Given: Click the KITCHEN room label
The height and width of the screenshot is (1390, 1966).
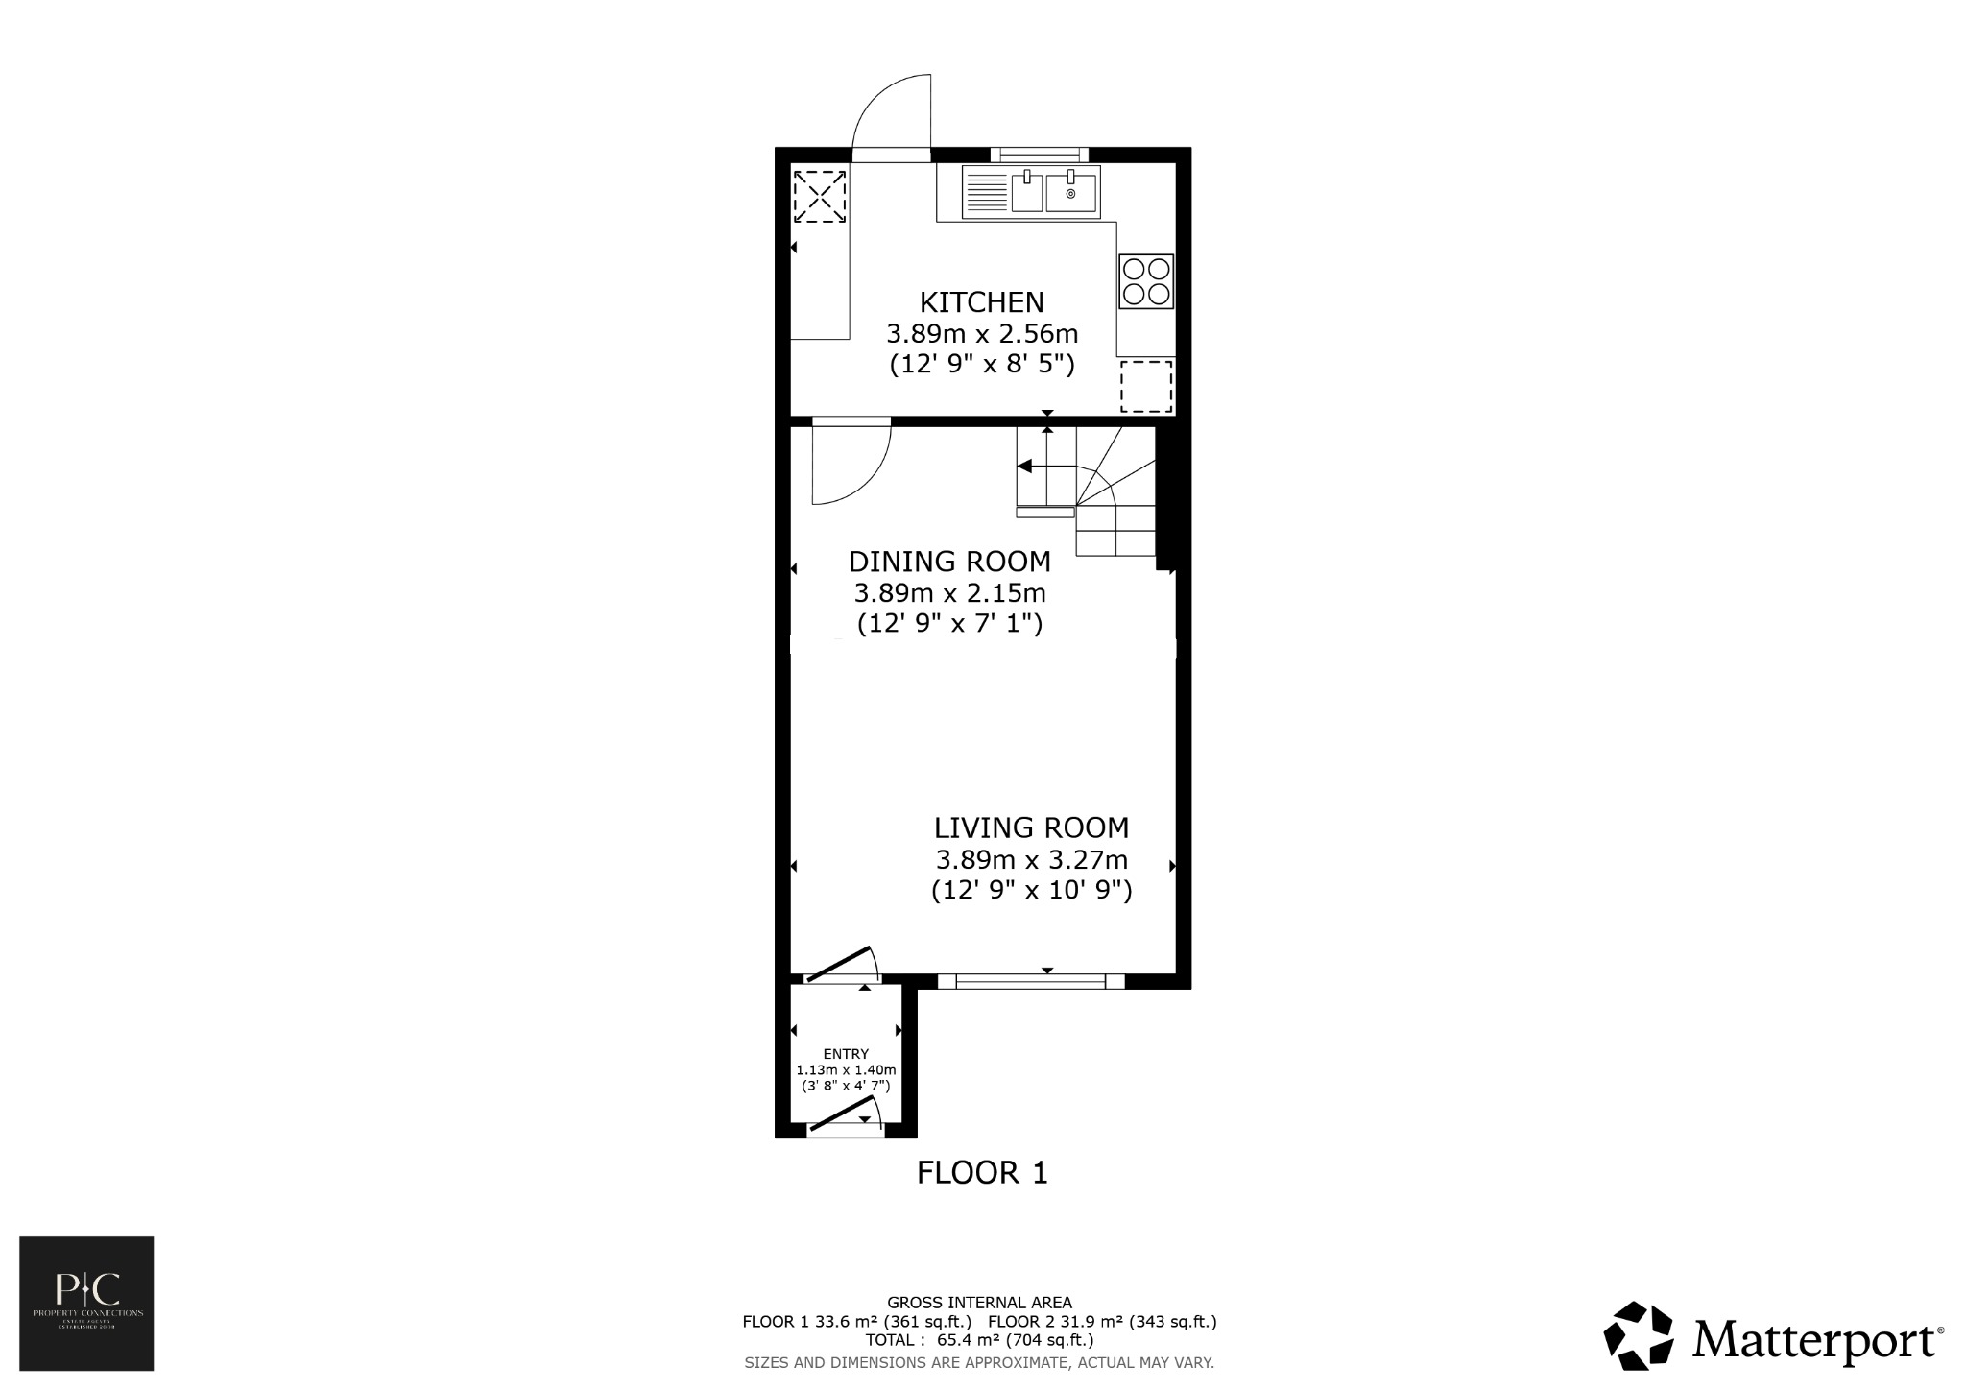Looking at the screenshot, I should (x=981, y=302).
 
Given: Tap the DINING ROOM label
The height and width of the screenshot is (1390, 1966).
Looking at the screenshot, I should (x=949, y=561).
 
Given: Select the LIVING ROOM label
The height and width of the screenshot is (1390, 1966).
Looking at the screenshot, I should (x=1031, y=827).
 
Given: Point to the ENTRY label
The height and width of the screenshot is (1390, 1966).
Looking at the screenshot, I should (x=845, y=1053).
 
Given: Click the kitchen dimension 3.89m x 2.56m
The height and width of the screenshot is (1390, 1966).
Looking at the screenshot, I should (x=981, y=334).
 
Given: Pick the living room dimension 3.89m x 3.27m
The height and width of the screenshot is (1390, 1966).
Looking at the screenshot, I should (x=1031, y=859).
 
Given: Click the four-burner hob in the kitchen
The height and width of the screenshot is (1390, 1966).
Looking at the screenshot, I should (x=1146, y=281).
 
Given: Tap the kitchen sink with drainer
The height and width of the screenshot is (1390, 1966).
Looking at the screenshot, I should (x=1032, y=192).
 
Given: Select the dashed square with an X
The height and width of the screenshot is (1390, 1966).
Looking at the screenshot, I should (x=819, y=196).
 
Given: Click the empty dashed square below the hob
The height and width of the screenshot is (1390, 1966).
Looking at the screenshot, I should (x=1146, y=386).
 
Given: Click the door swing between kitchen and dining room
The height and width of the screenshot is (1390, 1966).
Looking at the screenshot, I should (x=851, y=465).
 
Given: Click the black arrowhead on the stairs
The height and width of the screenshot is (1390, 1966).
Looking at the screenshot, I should (x=1024, y=467).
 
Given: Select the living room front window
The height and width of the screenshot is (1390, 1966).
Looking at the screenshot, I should (x=1031, y=981).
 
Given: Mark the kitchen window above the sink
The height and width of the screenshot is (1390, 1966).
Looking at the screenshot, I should (x=1040, y=154).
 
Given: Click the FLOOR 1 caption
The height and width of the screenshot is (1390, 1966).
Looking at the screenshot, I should (x=981, y=1172).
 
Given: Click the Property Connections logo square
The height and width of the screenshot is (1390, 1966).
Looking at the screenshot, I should (x=86, y=1303).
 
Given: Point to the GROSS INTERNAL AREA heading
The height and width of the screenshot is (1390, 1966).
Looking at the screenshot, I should (x=979, y=1303).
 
